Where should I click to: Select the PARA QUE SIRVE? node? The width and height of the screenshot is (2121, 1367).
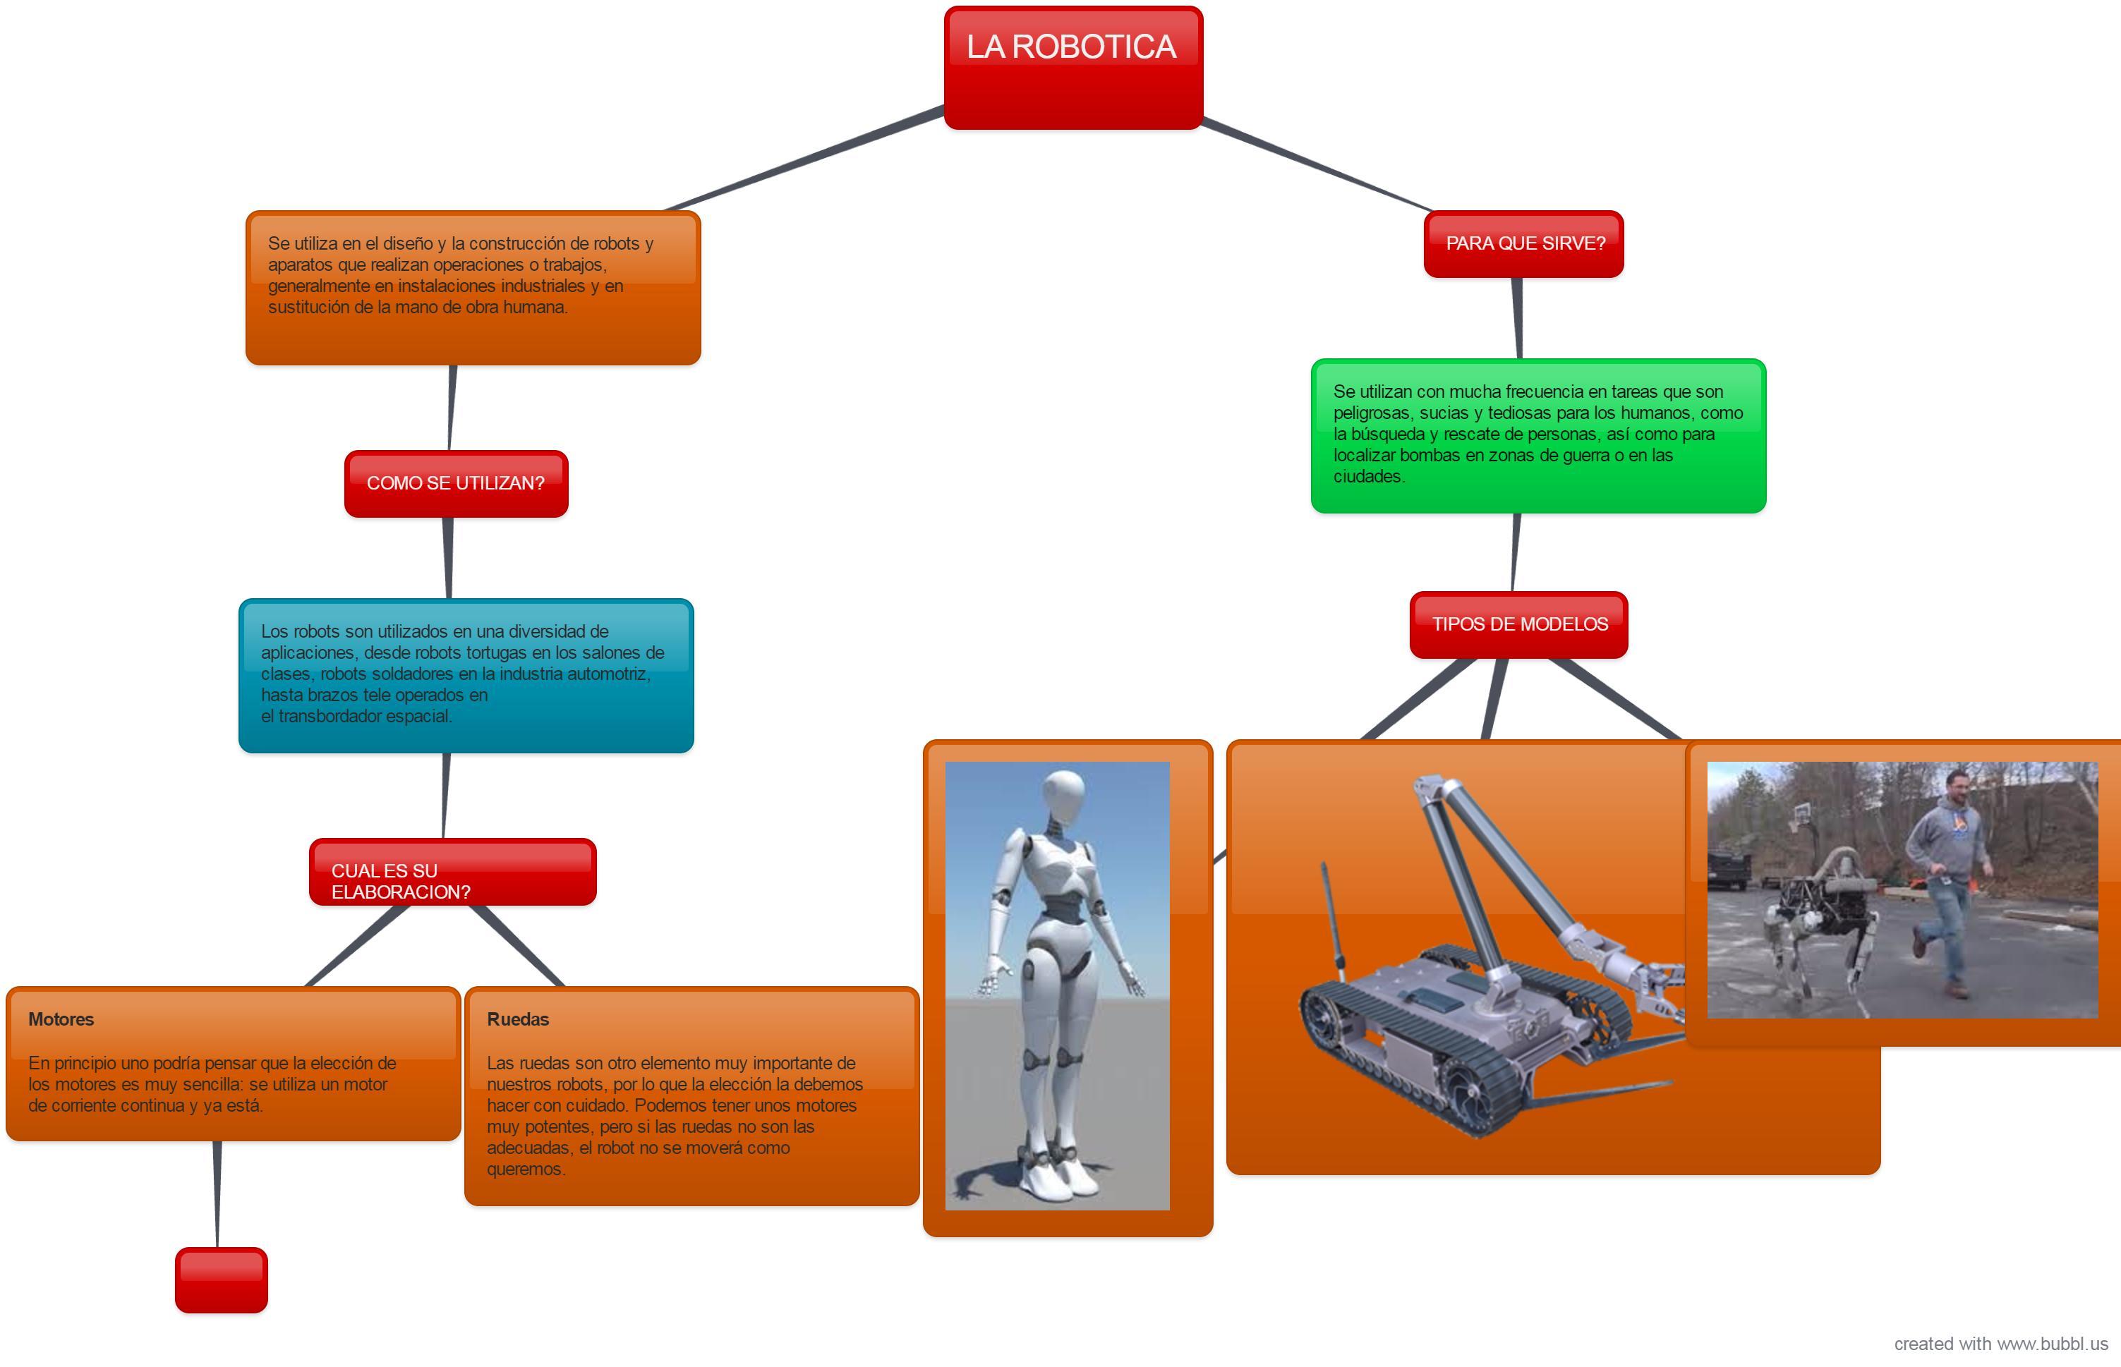tap(1523, 243)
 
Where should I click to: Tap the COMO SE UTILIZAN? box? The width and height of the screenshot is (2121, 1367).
tap(455, 483)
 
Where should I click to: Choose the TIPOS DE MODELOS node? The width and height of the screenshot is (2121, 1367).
tap(1518, 624)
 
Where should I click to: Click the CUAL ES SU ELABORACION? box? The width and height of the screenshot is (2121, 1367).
tap(452, 873)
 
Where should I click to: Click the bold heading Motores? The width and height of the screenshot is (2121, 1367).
tap(61, 1019)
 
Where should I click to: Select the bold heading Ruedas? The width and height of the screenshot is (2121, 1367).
tap(518, 1019)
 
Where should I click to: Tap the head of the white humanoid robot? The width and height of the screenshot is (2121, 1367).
tap(1065, 793)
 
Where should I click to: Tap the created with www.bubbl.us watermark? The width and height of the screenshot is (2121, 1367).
tap(2000, 1344)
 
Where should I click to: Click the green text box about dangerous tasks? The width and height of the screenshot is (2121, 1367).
tap(1537, 435)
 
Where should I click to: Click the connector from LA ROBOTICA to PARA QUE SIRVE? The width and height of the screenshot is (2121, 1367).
tap(1314, 165)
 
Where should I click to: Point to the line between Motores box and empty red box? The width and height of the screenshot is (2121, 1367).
tap(217, 1194)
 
